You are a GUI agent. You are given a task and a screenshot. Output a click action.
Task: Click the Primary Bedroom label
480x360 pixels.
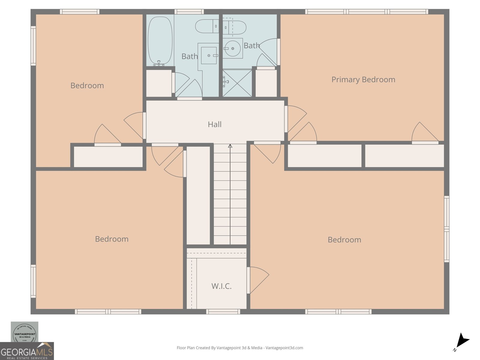[x=363, y=79]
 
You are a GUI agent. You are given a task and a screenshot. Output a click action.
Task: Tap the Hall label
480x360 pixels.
[x=214, y=124]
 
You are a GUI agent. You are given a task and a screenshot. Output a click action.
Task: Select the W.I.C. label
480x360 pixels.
[x=221, y=286]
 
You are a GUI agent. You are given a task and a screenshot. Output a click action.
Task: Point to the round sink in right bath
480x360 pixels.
[x=232, y=48]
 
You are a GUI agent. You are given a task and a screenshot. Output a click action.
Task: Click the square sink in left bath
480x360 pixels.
[x=209, y=55]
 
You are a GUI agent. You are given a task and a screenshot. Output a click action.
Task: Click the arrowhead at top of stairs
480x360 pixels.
[x=230, y=146]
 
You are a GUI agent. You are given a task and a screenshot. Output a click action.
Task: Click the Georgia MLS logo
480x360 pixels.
[x=27, y=351]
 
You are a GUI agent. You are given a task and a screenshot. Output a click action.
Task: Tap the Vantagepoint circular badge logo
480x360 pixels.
[x=25, y=332]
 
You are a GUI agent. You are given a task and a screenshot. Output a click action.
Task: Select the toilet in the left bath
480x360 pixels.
[x=207, y=26]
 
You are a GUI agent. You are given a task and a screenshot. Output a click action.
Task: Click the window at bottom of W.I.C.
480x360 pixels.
[x=223, y=312]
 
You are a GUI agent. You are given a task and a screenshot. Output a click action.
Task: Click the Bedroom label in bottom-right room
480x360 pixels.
[x=344, y=240]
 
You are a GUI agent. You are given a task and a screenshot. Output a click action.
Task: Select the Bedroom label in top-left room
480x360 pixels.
[x=87, y=85]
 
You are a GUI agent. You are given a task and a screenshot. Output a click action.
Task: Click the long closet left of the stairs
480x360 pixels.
[x=198, y=195]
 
